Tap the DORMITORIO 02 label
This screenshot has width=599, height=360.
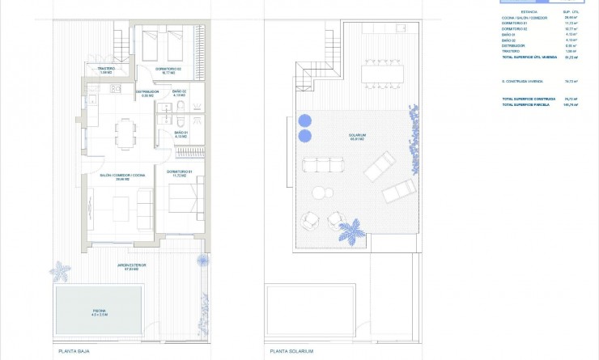168,70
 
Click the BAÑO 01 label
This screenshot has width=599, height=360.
181,133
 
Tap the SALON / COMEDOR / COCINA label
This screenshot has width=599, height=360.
122,176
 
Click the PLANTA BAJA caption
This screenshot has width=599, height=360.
73,351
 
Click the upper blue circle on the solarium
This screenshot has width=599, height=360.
305,120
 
